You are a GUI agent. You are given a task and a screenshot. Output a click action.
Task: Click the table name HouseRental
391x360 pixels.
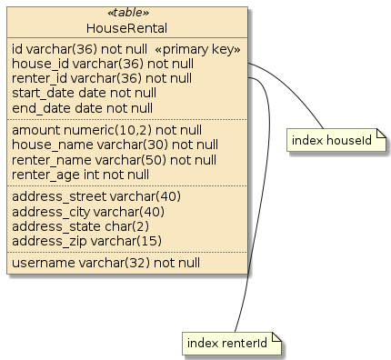pos(128,28)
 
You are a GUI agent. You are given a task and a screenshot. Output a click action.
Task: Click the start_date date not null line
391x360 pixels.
pos(84,94)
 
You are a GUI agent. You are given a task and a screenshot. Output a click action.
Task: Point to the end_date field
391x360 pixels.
pos(82,108)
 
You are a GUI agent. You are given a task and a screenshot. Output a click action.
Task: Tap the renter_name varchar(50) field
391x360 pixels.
pos(115,160)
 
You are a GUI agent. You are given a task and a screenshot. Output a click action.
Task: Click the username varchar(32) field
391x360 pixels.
pos(105,264)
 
